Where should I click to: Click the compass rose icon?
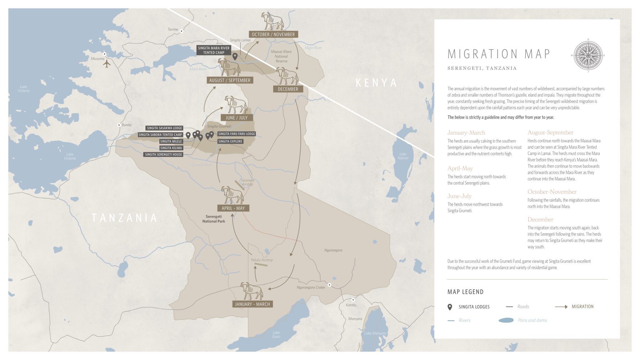click(x=588, y=56)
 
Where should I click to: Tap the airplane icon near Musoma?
click(x=107, y=64)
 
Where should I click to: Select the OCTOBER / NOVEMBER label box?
click(x=273, y=34)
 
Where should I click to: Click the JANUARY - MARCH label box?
click(x=252, y=304)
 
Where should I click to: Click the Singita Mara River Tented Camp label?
click(x=213, y=50)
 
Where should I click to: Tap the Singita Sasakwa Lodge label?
click(x=164, y=128)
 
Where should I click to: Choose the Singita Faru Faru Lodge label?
click(x=237, y=134)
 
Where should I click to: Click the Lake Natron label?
click(x=403, y=156)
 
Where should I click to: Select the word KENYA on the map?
click(x=376, y=83)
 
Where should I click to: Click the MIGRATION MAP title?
click(x=499, y=54)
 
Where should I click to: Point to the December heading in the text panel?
click(x=540, y=219)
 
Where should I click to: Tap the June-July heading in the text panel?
click(x=459, y=196)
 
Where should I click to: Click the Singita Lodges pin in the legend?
click(x=450, y=307)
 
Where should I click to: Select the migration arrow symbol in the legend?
click(x=561, y=307)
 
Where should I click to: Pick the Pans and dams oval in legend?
click(x=506, y=320)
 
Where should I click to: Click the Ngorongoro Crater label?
click(x=311, y=287)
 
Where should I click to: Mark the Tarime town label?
click(x=173, y=29)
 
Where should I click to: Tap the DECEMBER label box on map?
click(x=288, y=89)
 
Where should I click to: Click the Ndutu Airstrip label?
click(x=262, y=260)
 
